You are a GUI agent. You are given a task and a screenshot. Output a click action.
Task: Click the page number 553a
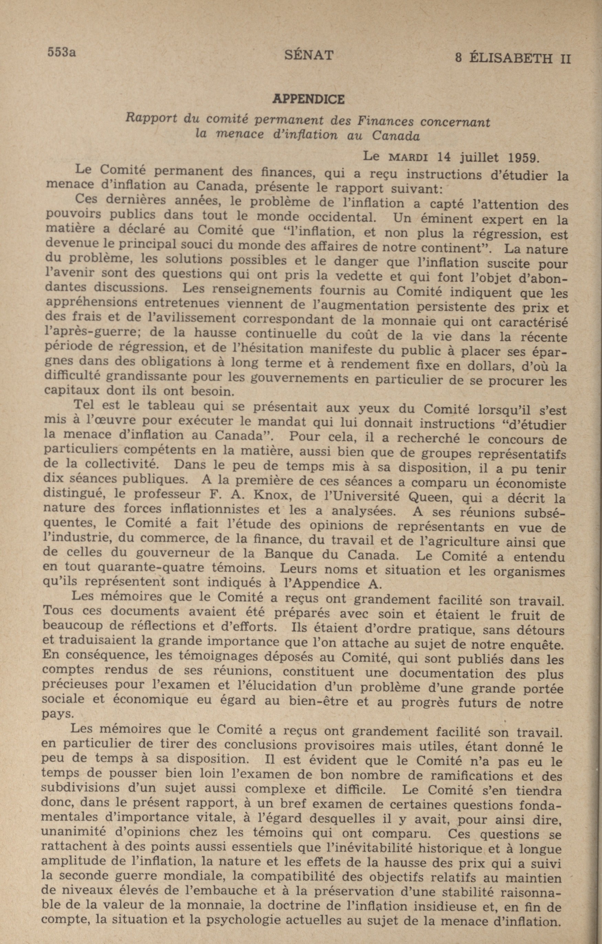click(x=61, y=52)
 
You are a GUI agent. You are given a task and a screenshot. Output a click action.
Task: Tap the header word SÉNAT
click(x=309, y=55)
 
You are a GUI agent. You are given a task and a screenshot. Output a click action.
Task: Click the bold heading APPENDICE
click(x=308, y=100)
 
